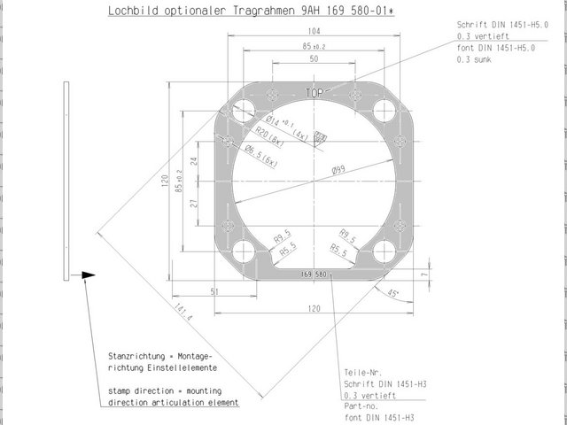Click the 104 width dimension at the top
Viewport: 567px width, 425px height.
314,31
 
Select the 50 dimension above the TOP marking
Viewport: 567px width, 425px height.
314,58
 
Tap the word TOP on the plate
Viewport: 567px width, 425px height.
315,92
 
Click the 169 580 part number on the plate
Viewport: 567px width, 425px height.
314,274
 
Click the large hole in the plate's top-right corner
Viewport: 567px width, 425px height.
384,112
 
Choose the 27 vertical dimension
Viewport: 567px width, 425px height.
193,204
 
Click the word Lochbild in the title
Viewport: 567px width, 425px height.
129,12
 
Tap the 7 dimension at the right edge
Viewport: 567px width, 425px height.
425,275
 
